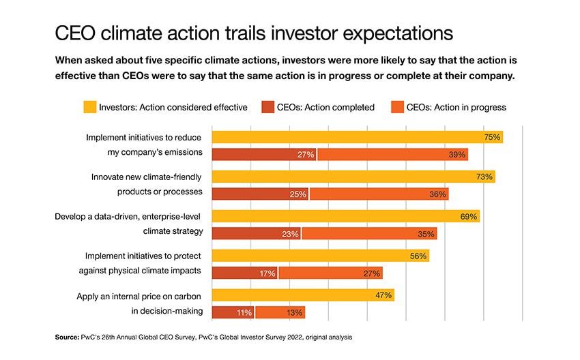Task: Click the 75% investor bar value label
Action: (493, 137)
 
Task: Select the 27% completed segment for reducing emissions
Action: (264, 154)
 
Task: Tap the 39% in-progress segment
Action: (392, 154)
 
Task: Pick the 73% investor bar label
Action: (484, 177)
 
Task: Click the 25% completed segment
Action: (260, 194)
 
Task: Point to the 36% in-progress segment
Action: (379, 194)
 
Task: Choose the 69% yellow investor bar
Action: (345, 216)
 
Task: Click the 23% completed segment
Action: (257, 233)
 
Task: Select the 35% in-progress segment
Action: (369, 233)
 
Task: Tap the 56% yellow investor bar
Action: (321, 256)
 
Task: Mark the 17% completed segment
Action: (245, 273)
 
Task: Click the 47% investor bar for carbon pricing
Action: (303, 295)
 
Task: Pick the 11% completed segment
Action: (233, 312)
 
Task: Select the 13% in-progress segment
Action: (280, 312)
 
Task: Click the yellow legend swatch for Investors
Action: (89, 106)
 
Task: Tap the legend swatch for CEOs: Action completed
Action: (268, 106)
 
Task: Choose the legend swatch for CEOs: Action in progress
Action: (396, 106)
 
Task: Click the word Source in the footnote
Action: (68, 337)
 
